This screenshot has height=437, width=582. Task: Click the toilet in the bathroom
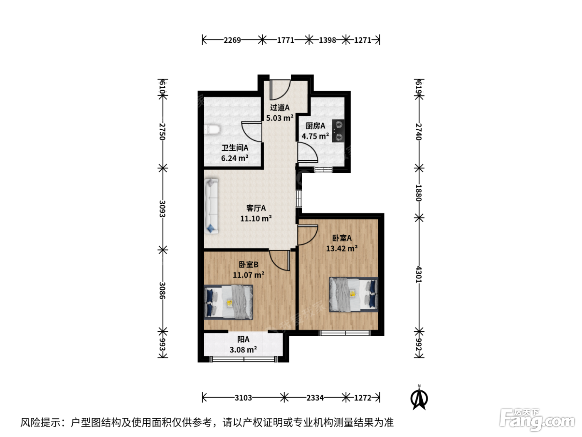[212, 130]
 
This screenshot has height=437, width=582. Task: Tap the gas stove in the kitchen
[338, 131]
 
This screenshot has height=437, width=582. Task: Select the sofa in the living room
[211, 206]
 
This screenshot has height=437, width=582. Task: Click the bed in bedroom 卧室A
[353, 294]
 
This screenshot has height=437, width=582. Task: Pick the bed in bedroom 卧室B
[228, 302]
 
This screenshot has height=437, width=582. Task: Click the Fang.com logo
[537, 420]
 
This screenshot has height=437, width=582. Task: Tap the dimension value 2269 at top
[232, 40]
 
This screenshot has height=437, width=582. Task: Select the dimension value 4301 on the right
[419, 274]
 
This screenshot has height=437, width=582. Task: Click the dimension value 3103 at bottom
[243, 398]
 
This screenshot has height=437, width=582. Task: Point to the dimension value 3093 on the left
[162, 209]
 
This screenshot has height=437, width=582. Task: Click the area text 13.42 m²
[342, 248]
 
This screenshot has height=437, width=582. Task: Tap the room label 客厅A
[256, 208]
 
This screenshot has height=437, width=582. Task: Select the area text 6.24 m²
[234, 158]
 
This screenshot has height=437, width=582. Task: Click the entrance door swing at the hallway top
[280, 89]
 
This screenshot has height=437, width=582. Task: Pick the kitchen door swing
[308, 152]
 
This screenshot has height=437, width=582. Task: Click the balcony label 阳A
[243, 339]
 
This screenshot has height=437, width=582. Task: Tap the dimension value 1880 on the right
[419, 193]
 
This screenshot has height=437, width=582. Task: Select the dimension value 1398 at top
[327, 40]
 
